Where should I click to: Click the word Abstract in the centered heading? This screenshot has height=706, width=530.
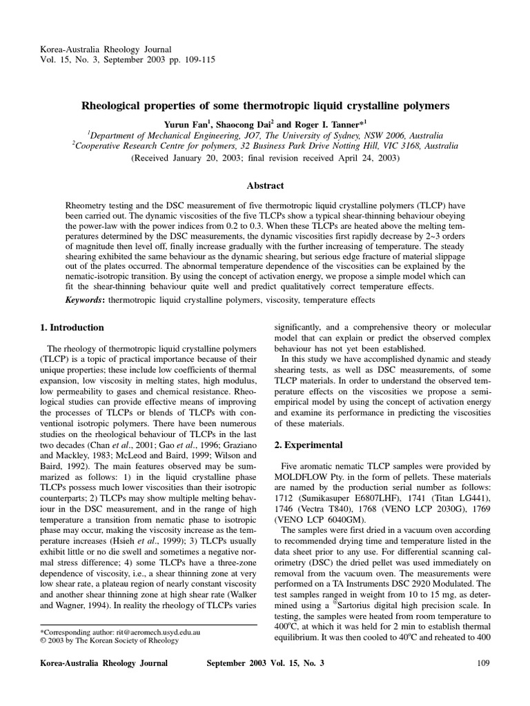(x=266, y=185)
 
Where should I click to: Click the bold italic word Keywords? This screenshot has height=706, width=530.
(x=84, y=301)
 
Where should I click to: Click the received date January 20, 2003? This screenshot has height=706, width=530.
(x=206, y=158)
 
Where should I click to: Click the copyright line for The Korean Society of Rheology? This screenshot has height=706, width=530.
(x=109, y=641)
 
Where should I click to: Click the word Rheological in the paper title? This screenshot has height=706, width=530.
(x=121, y=106)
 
